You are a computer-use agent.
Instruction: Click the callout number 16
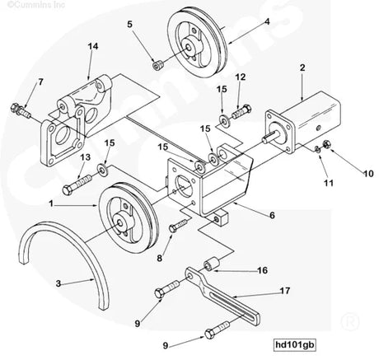point(263,269)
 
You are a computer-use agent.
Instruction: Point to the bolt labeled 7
point(22,108)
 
